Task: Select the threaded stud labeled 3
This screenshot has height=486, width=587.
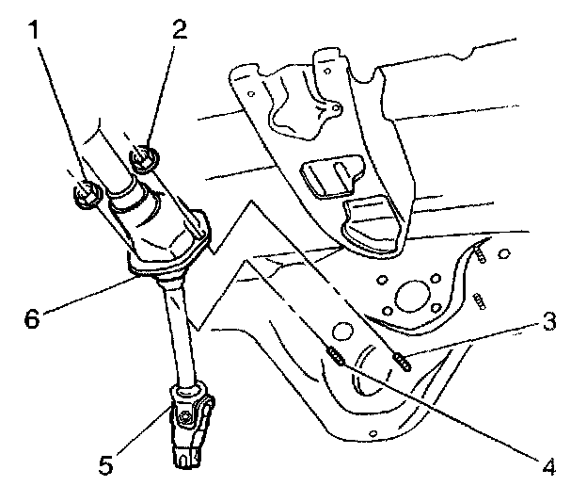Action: click(x=399, y=360)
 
